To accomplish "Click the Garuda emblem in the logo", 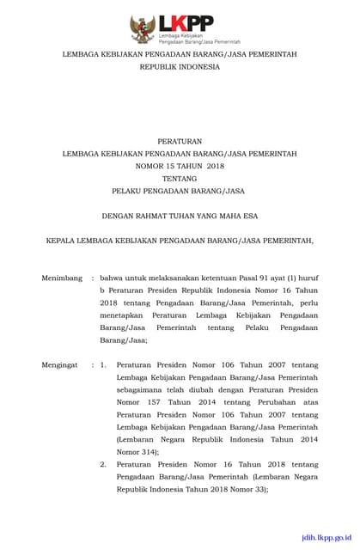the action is [141, 29].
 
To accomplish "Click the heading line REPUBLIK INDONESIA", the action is [180, 64].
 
